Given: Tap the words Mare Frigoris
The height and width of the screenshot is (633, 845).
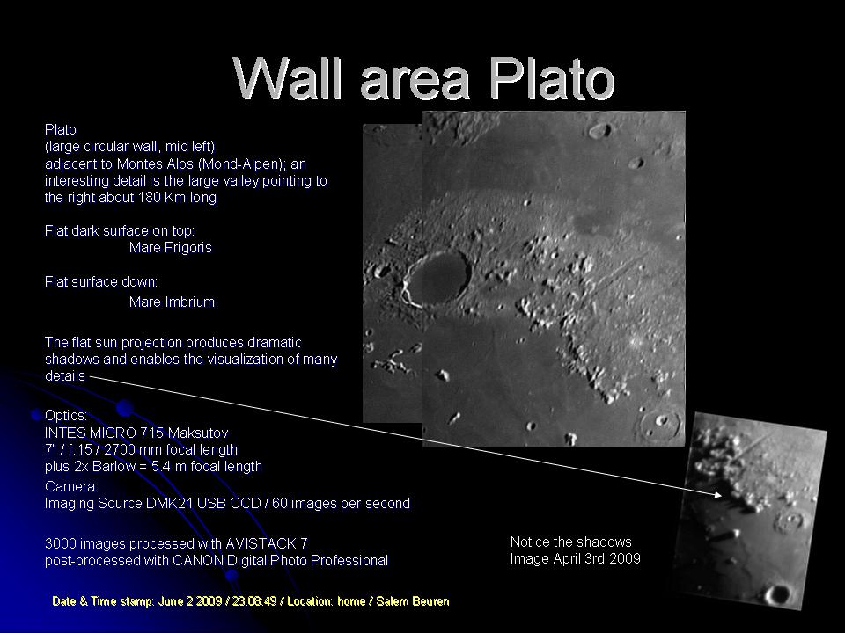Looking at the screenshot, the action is [x=170, y=248].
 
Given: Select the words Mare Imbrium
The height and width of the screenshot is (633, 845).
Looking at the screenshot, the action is [x=172, y=302].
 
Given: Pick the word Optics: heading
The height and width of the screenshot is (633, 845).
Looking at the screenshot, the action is [x=66, y=416].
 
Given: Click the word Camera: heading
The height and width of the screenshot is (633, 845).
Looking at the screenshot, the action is [x=71, y=486].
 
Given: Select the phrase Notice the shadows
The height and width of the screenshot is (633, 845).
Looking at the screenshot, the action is [x=570, y=542].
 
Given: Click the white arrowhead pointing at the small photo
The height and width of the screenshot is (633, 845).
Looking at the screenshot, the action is [x=717, y=493].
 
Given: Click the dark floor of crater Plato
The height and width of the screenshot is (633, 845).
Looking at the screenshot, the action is [x=437, y=277].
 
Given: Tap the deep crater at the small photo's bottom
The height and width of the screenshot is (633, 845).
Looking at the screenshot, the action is [x=777, y=593].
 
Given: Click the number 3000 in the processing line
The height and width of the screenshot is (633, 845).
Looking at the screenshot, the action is [x=59, y=543].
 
